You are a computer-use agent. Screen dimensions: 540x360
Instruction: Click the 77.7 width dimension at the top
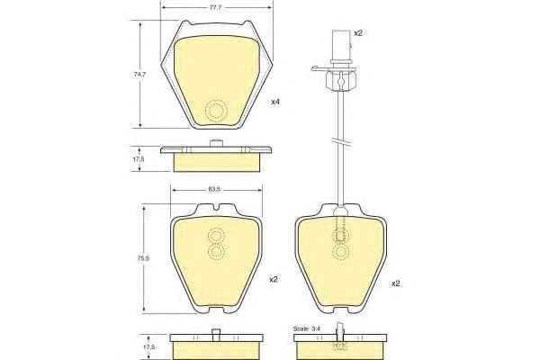(216, 7)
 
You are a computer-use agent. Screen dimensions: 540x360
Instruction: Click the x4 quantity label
(275, 102)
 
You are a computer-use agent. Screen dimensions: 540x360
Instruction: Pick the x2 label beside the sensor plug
(358, 33)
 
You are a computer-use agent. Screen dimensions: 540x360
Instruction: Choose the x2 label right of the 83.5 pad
(274, 280)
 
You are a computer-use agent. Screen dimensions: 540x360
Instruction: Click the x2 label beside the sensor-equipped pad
(396, 283)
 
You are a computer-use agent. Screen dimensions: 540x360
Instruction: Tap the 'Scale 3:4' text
(307, 329)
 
